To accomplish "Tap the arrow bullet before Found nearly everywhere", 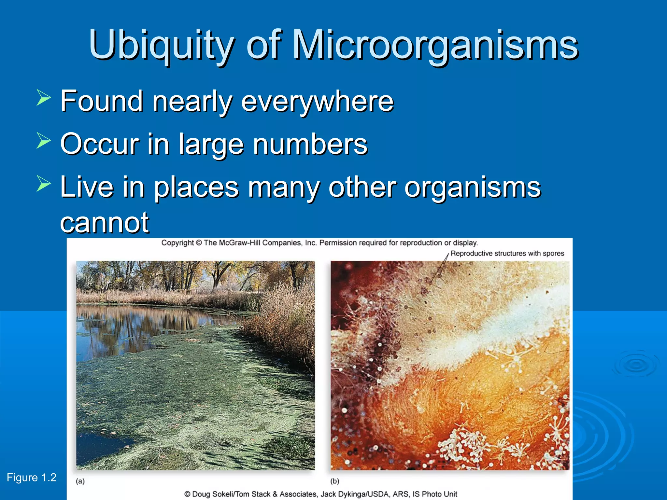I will coord(44,98).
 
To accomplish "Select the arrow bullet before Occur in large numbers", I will coord(44,141).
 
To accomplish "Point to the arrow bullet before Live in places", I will coord(44,183).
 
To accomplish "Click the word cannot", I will coord(104,223).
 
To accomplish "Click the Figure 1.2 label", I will coord(32,478).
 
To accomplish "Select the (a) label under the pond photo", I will coord(80,481).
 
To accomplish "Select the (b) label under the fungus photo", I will coord(335,481).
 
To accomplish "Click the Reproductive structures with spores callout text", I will coord(507,254).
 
